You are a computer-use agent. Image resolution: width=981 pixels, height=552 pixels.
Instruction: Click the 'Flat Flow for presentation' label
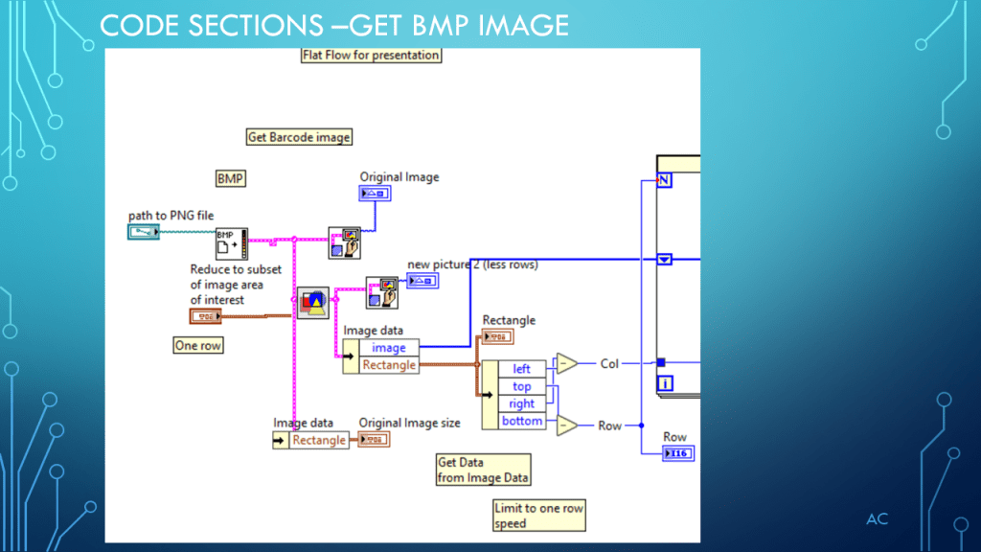371,56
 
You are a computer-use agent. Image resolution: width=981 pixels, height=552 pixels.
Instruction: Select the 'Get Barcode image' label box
299,137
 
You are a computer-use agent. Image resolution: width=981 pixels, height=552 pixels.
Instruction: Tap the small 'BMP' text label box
231,178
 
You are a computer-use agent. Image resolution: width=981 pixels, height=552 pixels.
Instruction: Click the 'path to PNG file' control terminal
145,232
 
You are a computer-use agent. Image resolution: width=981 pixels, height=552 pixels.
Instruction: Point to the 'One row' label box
198,345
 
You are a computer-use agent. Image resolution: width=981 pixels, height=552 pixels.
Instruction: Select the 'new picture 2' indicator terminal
422,281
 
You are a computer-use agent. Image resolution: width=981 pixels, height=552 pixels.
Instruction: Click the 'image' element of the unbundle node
389,348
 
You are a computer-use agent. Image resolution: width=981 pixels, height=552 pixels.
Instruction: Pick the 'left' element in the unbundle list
521,369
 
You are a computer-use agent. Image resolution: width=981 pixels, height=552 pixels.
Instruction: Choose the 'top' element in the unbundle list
521,386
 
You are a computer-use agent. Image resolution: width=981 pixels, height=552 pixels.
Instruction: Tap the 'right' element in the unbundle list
521,403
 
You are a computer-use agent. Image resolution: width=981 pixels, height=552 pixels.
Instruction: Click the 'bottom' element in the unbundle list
521,421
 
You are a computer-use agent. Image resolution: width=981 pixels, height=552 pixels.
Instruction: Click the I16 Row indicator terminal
677,453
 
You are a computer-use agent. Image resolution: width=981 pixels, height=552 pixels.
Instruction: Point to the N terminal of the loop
664,179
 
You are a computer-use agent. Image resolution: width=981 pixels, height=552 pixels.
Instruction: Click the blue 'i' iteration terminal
665,384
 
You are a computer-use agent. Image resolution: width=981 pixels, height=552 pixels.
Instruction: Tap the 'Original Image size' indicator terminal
373,440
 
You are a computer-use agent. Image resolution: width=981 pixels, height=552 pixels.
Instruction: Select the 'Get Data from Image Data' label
483,470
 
